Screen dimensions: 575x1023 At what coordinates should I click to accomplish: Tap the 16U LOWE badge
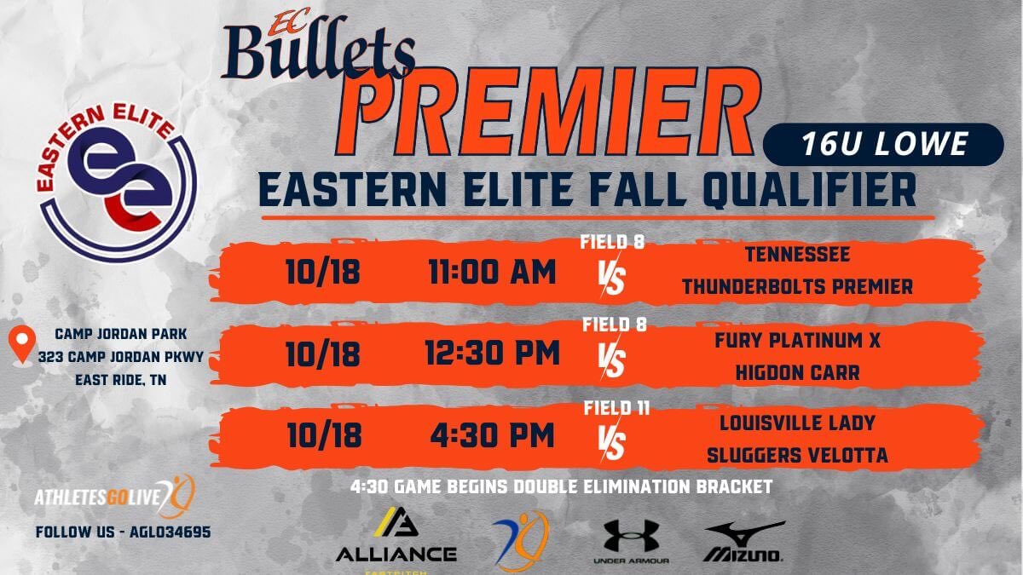(884, 144)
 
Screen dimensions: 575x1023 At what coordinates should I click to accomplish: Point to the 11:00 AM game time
(492, 273)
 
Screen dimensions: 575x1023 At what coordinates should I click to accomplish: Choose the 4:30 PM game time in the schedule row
(492, 434)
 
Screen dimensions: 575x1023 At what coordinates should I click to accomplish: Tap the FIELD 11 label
(616, 408)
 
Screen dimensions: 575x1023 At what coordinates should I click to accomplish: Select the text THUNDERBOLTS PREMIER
(797, 287)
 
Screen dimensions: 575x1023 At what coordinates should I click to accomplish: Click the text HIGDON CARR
(797, 372)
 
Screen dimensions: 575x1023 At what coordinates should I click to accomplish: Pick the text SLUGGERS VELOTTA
(797, 456)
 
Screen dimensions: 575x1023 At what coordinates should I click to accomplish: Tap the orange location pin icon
(20, 345)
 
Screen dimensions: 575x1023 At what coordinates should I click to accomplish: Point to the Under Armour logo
(631, 542)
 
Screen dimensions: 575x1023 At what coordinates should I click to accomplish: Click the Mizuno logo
(743, 542)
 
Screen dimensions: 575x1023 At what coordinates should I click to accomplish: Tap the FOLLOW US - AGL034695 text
(123, 532)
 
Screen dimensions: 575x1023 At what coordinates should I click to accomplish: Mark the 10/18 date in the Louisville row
(323, 434)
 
